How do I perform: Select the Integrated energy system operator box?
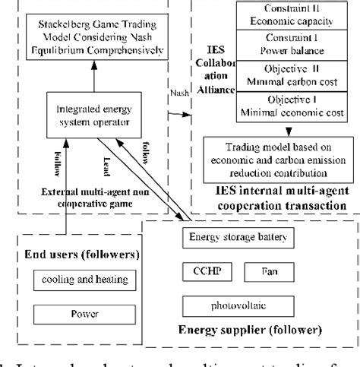(97, 118)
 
